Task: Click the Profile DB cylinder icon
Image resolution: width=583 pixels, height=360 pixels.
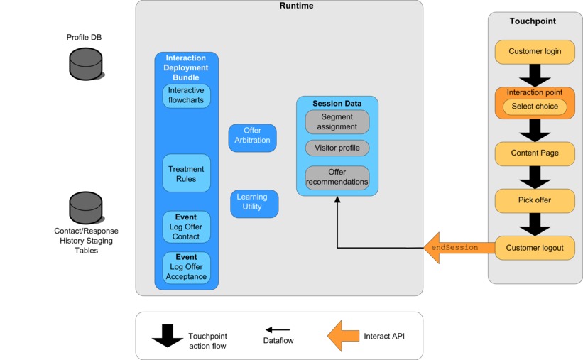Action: pyautogui.click(x=86, y=63)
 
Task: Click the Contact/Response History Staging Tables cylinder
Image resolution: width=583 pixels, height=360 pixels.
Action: pyautogui.click(x=86, y=207)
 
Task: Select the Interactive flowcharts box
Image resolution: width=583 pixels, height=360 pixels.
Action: pyautogui.click(x=186, y=96)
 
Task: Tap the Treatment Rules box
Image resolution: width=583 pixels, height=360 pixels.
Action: pyautogui.click(x=186, y=173)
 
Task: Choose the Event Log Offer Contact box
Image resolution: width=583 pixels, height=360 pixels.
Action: pyautogui.click(x=186, y=227)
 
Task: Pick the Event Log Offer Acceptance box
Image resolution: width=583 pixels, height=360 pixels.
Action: pyautogui.click(x=186, y=267)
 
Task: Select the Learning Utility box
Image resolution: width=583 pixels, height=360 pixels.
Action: pyautogui.click(x=254, y=203)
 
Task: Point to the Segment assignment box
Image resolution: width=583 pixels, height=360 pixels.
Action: pyautogui.click(x=337, y=121)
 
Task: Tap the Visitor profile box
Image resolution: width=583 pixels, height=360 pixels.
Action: pyautogui.click(x=337, y=148)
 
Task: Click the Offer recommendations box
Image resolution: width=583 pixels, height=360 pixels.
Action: pyautogui.click(x=337, y=178)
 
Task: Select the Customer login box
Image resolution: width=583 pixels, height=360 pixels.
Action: pyautogui.click(x=534, y=52)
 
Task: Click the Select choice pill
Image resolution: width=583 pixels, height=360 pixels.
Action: pyautogui.click(x=534, y=107)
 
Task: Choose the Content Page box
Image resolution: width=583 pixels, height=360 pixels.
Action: pyautogui.click(x=534, y=153)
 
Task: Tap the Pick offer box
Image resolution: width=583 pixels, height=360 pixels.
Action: pyautogui.click(x=534, y=200)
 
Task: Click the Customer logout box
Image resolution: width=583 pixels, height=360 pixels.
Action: pyautogui.click(x=534, y=248)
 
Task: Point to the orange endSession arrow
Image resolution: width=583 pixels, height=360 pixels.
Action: pyautogui.click(x=454, y=248)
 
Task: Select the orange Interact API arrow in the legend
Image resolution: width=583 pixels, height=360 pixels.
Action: pyautogui.click(x=343, y=335)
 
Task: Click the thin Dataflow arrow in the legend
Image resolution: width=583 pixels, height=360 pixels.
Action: pyautogui.click(x=278, y=330)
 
